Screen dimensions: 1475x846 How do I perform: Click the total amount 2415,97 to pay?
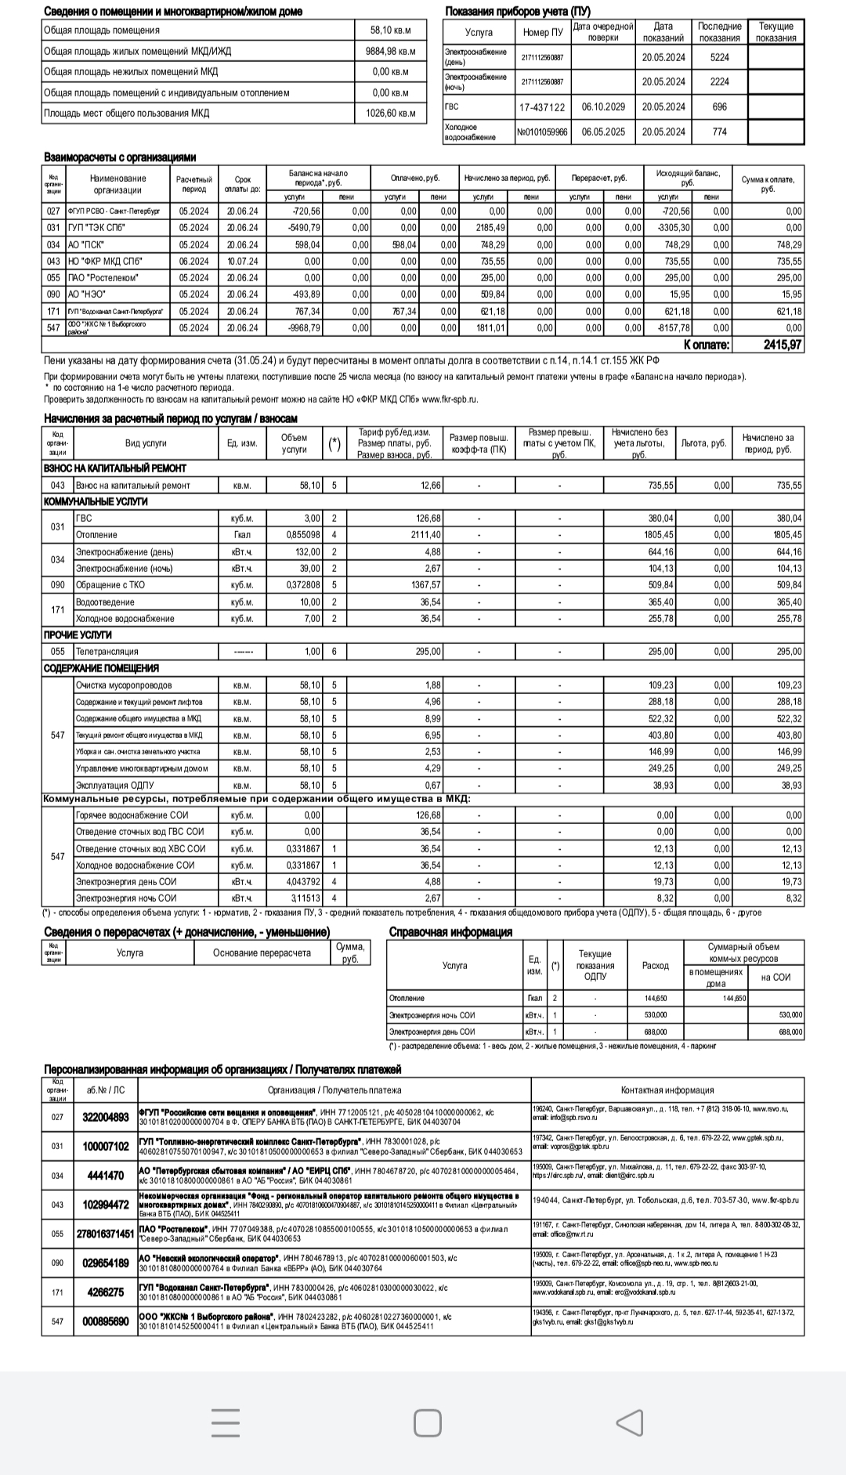click(x=782, y=345)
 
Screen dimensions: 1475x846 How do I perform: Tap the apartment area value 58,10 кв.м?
click(x=390, y=31)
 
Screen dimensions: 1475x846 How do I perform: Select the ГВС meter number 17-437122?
click(x=541, y=107)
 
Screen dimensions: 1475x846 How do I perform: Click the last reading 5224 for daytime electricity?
click(x=719, y=57)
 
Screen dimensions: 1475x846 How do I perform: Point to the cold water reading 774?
click(x=719, y=132)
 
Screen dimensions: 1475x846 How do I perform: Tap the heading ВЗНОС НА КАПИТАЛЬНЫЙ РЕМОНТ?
click(x=115, y=468)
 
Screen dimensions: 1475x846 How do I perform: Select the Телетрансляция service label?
click(x=107, y=652)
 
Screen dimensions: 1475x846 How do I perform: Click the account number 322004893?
click(x=106, y=1117)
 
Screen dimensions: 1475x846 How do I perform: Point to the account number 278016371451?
click(x=106, y=1234)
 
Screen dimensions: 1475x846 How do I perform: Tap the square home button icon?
click(x=427, y=1423)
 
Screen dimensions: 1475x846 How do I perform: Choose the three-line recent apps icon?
click(x=226, y=1423)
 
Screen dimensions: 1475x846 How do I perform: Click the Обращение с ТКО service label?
click(x=110, y=585)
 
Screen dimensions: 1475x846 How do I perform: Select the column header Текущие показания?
click(x=775, y=32)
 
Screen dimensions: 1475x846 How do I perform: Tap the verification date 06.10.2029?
click(x=603, y=107)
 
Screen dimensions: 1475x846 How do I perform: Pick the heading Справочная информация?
click(x=450, y=932)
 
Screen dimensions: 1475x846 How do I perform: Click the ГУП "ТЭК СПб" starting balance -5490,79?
click(x=305, y=228)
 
